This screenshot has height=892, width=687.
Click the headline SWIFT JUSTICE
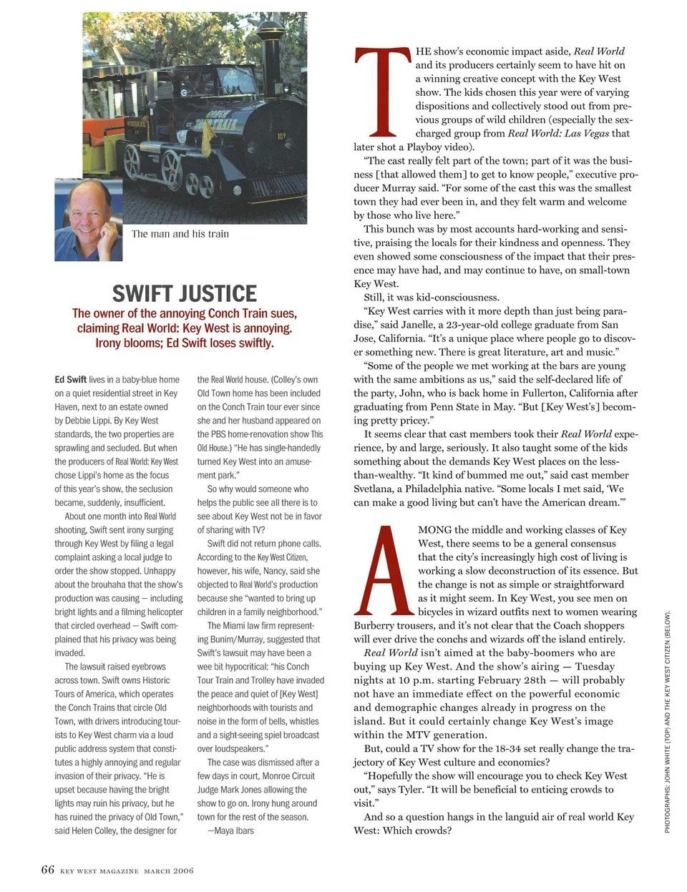tap(184, 293)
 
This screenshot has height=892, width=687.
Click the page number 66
tap(47, 870)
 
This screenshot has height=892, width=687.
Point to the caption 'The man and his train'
tap(180, 234)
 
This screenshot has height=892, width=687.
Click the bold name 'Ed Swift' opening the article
tap(70, 380)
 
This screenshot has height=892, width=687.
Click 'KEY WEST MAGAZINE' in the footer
tap(99, 871)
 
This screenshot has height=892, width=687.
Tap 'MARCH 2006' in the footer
tap(168, 871)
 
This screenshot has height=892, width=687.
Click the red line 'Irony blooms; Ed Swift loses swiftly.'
tap(184, 343)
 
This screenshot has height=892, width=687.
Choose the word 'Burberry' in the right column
tap(374, 625)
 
